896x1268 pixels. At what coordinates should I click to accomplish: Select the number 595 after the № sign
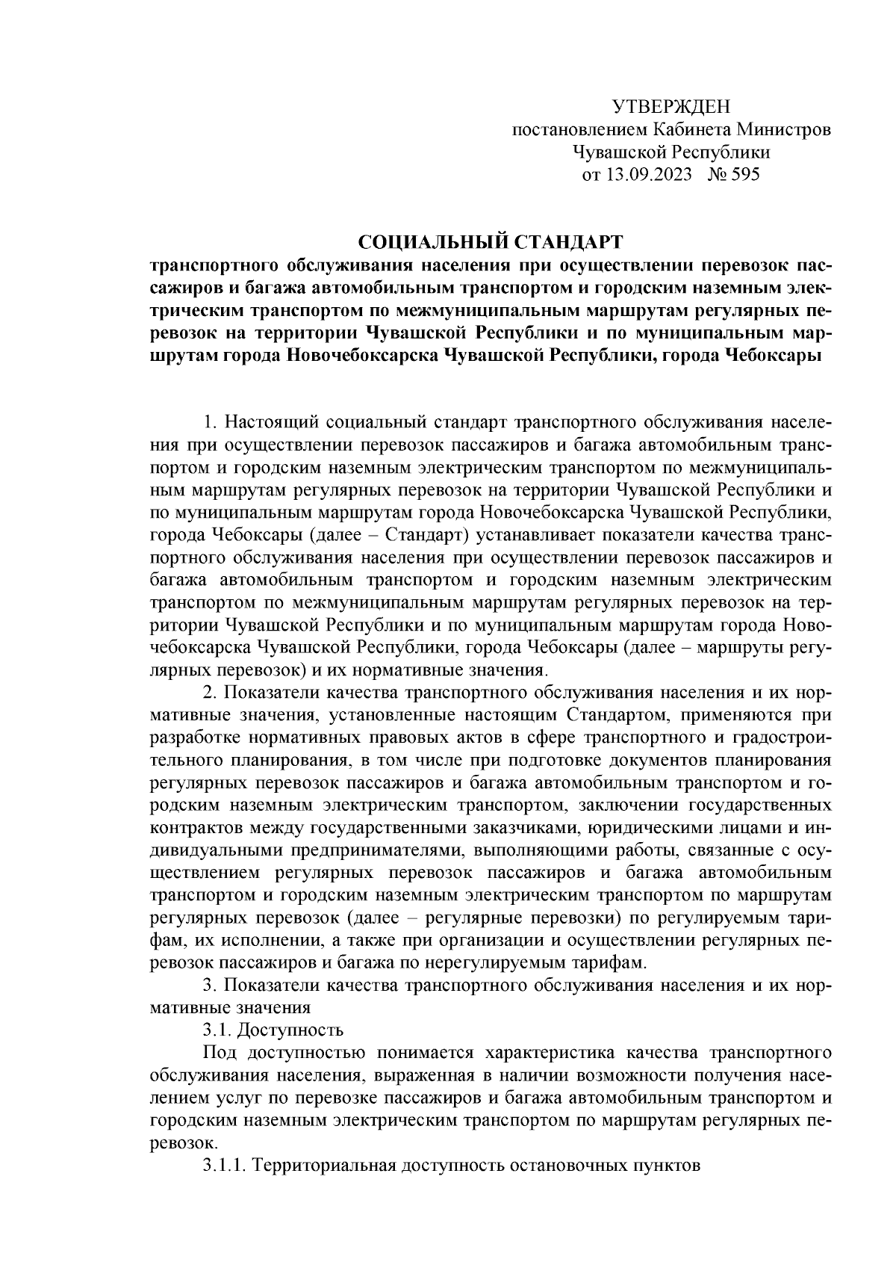point(744,175)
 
